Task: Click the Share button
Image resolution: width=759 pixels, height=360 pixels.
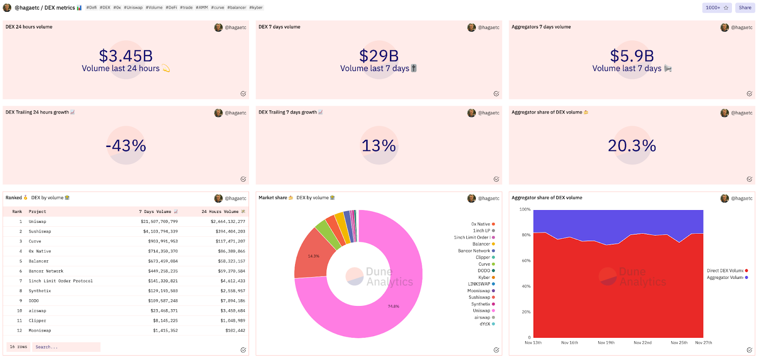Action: [745, 8]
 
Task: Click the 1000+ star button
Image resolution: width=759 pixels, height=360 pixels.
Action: [716, 8]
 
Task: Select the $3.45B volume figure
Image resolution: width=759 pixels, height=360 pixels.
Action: [126, 56]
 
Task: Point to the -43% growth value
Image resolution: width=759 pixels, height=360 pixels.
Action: [126, 146]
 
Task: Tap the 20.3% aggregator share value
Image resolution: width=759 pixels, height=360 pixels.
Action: [632, 146]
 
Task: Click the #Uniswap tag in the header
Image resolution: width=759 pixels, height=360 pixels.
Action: [133, 8]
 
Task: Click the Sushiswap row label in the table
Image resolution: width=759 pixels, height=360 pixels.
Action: [40, 231]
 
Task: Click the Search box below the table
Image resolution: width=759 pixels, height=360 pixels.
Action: [66, 347]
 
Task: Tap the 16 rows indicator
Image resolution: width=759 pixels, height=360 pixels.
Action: [19, 347]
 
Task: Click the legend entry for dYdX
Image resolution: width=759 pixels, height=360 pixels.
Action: [485, 324]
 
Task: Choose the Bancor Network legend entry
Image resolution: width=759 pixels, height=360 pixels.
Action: [474, 251]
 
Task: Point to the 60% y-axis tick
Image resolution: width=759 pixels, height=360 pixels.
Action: [526, 261]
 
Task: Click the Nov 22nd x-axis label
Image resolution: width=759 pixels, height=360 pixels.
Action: [642, 342]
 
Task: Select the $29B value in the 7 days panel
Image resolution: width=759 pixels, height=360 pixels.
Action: [379, 56]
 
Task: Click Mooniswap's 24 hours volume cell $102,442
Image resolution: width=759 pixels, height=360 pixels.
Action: [235, 331]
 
